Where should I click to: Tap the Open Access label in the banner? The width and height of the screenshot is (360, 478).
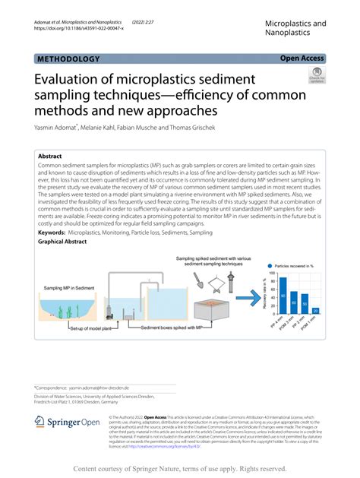pyautogui.click(x=302, y=58)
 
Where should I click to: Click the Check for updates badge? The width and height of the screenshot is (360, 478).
pyautogui.click(x=315, y=77)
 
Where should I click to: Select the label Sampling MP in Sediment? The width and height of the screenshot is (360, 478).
pyautogui.click(x=69, y=288)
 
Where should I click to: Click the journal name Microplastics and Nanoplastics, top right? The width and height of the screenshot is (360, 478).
pyautogui.click(x=295, y=29)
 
